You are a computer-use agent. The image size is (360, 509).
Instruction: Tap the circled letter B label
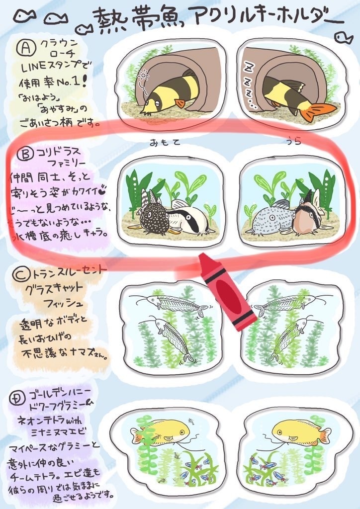pyautogui.click(x=23, y=155)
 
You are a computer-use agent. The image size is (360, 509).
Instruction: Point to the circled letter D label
pyautogui.click(x=18, y=397)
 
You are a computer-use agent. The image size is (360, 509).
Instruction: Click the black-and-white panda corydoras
pyautogui.click(x=187, y=219)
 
